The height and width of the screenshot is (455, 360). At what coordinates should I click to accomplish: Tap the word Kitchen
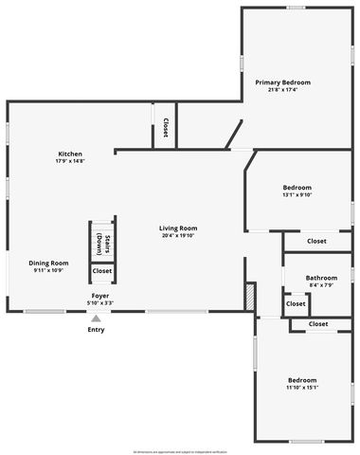point(70,154)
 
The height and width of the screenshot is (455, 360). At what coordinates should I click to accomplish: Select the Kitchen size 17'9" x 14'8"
point(70,161)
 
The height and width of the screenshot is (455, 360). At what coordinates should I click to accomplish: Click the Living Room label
point(177,227)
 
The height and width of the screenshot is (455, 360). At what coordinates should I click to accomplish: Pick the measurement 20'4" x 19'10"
point(177,235)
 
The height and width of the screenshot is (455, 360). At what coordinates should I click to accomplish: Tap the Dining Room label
point(47,263)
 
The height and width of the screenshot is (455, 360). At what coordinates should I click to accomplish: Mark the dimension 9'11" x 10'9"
point(47,270)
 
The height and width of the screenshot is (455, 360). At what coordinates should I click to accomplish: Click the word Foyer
point(99,296)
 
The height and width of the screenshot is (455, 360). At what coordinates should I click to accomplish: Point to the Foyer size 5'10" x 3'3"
point(99,303)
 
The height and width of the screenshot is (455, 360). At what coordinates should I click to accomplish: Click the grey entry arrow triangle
point(96,318)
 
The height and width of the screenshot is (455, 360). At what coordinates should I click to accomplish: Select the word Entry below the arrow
point(96,330)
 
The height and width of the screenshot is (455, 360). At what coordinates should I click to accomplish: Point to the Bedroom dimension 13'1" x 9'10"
point(297,195)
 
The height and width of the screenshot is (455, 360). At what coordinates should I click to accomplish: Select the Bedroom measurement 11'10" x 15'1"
point(302,386)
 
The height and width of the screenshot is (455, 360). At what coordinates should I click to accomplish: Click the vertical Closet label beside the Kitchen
point(166,127)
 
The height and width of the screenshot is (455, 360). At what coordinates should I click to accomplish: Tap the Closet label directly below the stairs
point(101,271)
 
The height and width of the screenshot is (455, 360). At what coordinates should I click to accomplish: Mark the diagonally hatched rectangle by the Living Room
point(250,297)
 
